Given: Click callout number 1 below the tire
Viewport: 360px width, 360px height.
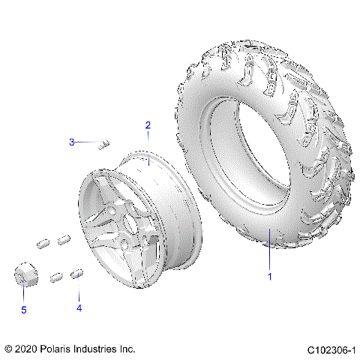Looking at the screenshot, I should (x=270, y=277).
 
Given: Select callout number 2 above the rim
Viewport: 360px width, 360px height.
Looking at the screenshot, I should (x=148, y=125).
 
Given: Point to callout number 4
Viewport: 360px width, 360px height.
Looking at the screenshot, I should (x=78, y=307).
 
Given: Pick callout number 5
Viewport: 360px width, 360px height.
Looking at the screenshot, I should (x=23, y=309).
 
